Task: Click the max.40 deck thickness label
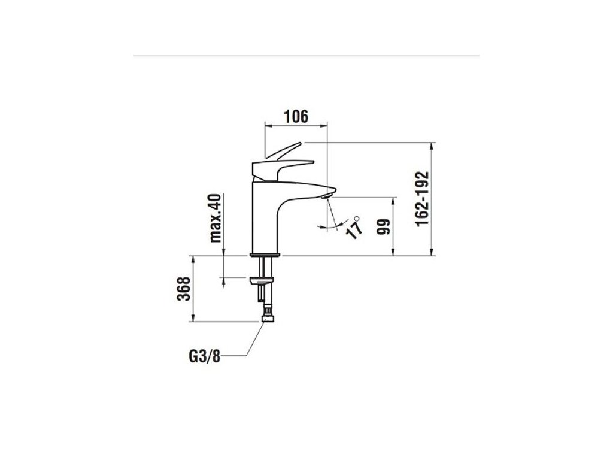pyautogui.click(x=217, y=217)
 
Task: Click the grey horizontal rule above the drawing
pyautogui.click(x=306, y=55)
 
